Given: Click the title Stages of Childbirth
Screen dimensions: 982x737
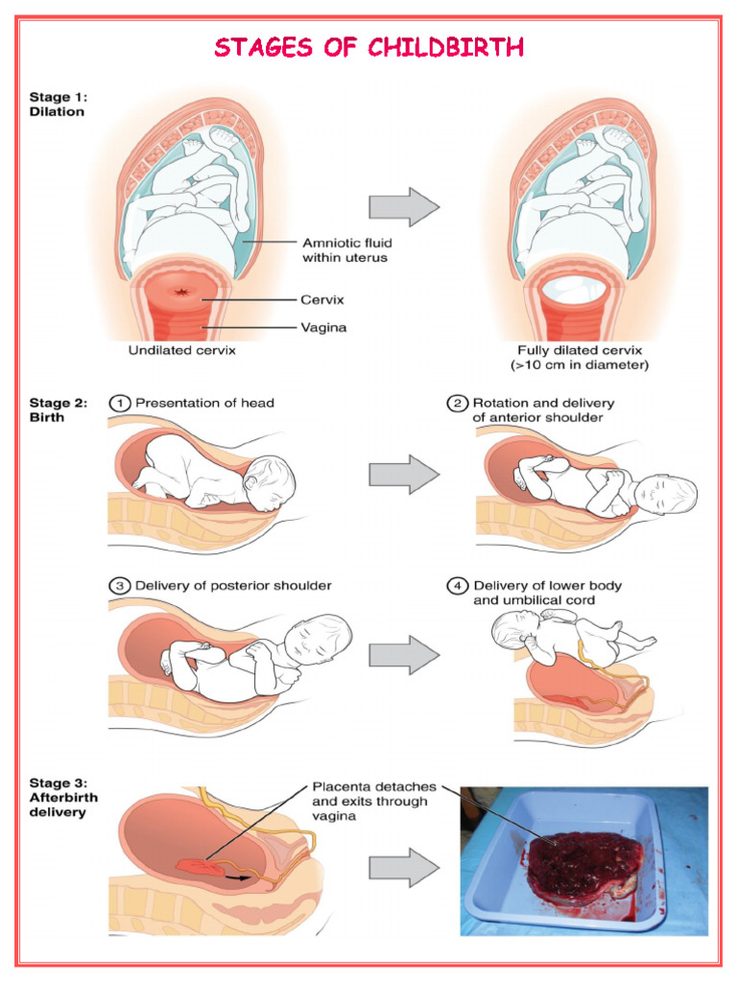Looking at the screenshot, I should (368, 47).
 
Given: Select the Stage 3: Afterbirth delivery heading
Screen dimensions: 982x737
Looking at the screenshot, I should (63, 797).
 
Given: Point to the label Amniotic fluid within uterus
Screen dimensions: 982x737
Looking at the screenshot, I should (346, 250).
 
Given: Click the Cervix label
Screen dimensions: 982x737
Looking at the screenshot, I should (322, 299).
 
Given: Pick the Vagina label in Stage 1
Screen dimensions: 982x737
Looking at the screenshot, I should (324, 328).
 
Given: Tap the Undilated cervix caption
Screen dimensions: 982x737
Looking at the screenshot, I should (182, 350).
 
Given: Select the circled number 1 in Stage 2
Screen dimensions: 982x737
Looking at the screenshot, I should (121, 404).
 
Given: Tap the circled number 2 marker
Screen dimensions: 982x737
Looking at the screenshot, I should (458, 404).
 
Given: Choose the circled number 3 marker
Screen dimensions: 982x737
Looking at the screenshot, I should (121, 585).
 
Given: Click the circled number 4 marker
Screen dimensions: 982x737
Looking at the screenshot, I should (458, 585).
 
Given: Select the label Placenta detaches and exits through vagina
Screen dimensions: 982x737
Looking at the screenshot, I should (373, 801).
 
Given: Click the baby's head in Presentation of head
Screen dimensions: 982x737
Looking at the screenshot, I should (270, 484).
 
